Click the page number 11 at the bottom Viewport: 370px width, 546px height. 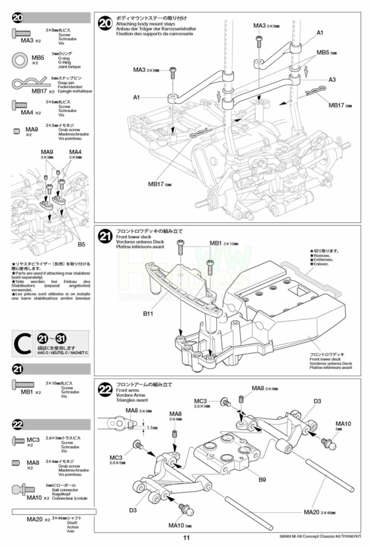tap(186, 537)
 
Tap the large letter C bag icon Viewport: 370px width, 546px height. tap(23, 345)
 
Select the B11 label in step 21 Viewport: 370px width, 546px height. tap(149, 314)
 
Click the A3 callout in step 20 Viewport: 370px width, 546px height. tap(332, 79)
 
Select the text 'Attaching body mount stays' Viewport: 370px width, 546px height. tap(142, 25)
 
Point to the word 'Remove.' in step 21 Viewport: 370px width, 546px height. tap(321, 256)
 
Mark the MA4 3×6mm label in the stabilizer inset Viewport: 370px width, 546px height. tap(75, 155)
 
